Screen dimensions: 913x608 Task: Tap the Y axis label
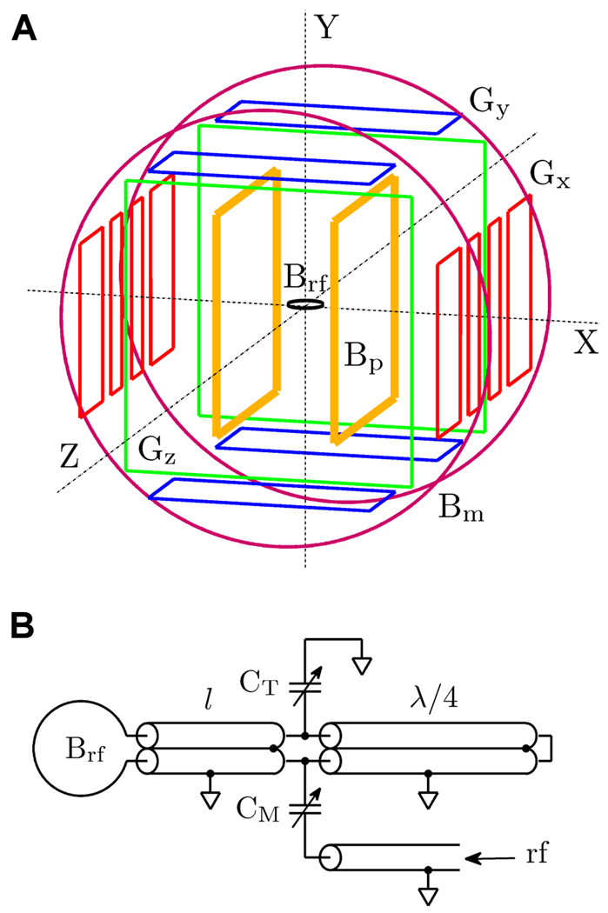(326, 29)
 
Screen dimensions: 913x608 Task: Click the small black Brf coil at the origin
(305, 304)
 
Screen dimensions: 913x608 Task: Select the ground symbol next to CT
(364, 667)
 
